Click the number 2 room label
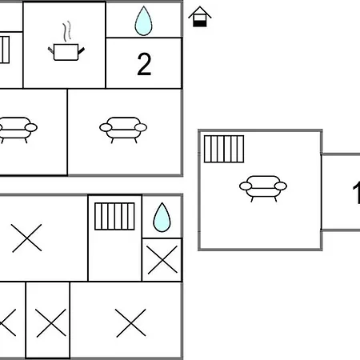pyautogui.click(x=144, y=64)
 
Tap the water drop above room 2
pyautogui.click(x=143, y=21)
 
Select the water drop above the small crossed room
pyautogui.click(x=162, y=218)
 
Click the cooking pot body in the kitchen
pyautogui.click(x=66, y=52)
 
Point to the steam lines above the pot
pyautogui.click(x=67, y=31)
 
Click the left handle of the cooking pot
pyautogui.click(x=50, y=50)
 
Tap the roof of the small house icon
pyautogui.click(x=200, y=13)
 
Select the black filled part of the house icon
pyautogui.click(x=200, y=23)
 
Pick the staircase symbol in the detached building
pyautogui.click(x=224, y=149)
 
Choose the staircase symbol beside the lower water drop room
pyautogui.click(x=114, y=216)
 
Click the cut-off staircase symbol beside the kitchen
pyautogui.click(x=5, y=50)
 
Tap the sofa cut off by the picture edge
pyautogui.click(x=18, y=130)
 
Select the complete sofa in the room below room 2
pyautogui.click(x=123, y=130)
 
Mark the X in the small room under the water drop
pyautogui.click(x=162, y=260)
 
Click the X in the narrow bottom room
pyautogui.click(x=51, y=323)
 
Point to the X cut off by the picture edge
pyautogui.click(x=8, y=322)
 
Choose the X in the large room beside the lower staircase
pyautogui.click(x=26, y=238)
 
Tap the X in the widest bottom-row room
pyautogui.click(x=130, y=323)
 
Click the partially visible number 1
pyautogui.click(x=357, y=192)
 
